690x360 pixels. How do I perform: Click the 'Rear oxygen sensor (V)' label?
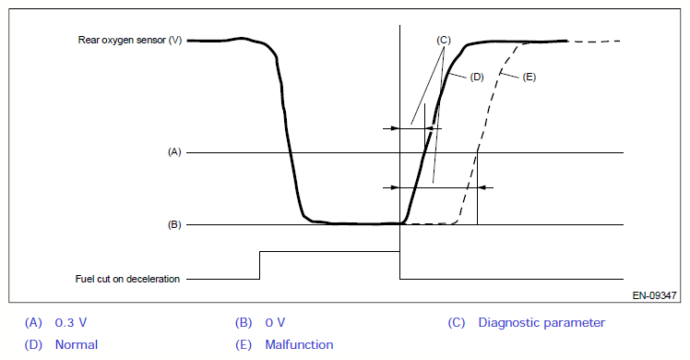tap(130, 40)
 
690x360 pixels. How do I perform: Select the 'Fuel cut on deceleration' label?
tap(127, 279)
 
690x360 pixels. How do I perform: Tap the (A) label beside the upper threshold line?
tap(174, 151)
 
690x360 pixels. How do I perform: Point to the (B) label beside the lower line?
tap(174, 224)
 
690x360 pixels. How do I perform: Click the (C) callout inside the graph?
tap(444, 40)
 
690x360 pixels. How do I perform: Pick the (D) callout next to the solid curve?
tap(477, 77)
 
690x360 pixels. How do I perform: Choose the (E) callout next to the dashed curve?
tap(529, 77)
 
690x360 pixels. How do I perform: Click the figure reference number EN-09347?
tap(654, 295)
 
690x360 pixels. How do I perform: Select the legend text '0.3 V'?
tap(71, 322)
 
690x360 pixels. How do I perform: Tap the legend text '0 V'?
tap(275, 322)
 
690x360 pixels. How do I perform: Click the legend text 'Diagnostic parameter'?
tap(541, 322)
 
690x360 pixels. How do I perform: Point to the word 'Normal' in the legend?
tap(77, 344)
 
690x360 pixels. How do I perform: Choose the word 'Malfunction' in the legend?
tap(299, 344)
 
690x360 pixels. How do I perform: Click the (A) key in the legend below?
tap(33, 322)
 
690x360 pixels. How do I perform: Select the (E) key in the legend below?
tap(244, 344)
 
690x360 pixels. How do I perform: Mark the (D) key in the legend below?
tap(33, 344)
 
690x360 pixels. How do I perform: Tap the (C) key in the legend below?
tap(457, 322)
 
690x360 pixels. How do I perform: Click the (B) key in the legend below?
tap(244, 322)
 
